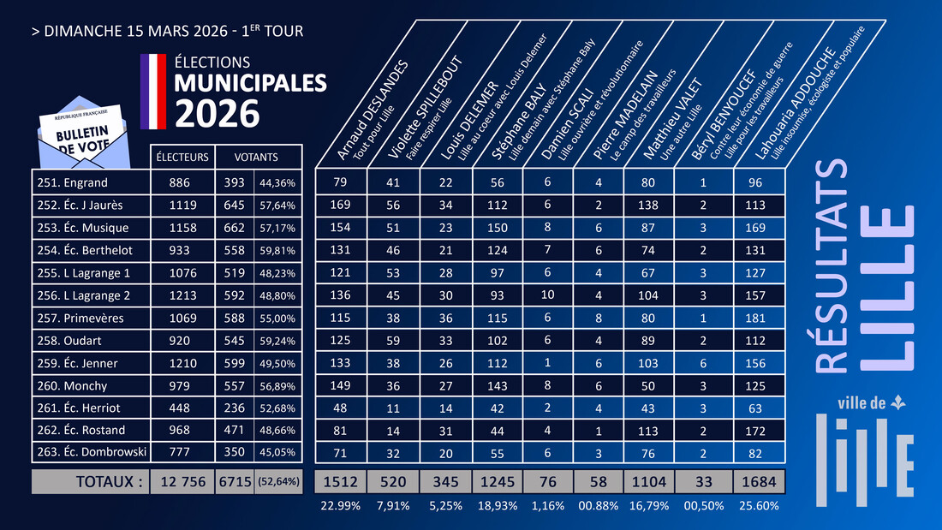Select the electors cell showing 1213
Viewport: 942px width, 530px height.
pyautogui.click(x=182, y=295)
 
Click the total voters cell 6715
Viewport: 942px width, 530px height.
pyautogui.click(x=234, y=481)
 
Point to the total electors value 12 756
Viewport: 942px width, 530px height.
pyautogui.click(x=182, y=481)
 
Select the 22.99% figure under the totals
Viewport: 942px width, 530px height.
pyautogui.click(x=341, y=506)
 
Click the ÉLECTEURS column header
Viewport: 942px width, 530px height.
pyautogui.click(x=182, y=158)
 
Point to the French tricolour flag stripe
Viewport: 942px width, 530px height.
pyautogui.click(x=152, y=91)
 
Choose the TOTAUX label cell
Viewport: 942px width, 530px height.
pyautogui.click(x=90, y=481)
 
